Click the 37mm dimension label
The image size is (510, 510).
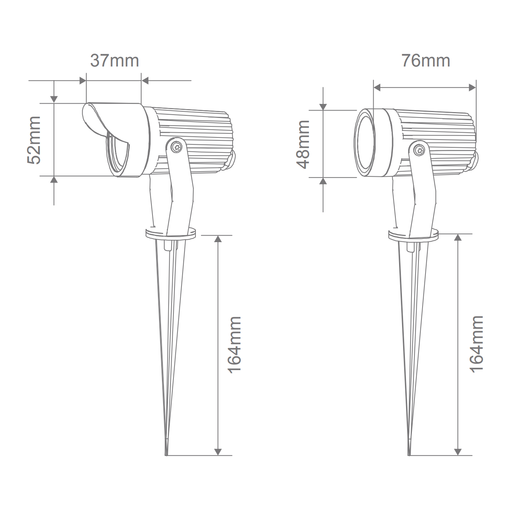(114, 61)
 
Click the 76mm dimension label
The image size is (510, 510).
(426, 61)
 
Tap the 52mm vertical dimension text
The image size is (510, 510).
(34, 140)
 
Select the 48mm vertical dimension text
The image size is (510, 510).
(303, 144)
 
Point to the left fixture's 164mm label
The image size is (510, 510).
(234, 345)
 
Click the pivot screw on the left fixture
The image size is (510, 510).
(176, 147)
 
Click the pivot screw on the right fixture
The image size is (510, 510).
(419, 151)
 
